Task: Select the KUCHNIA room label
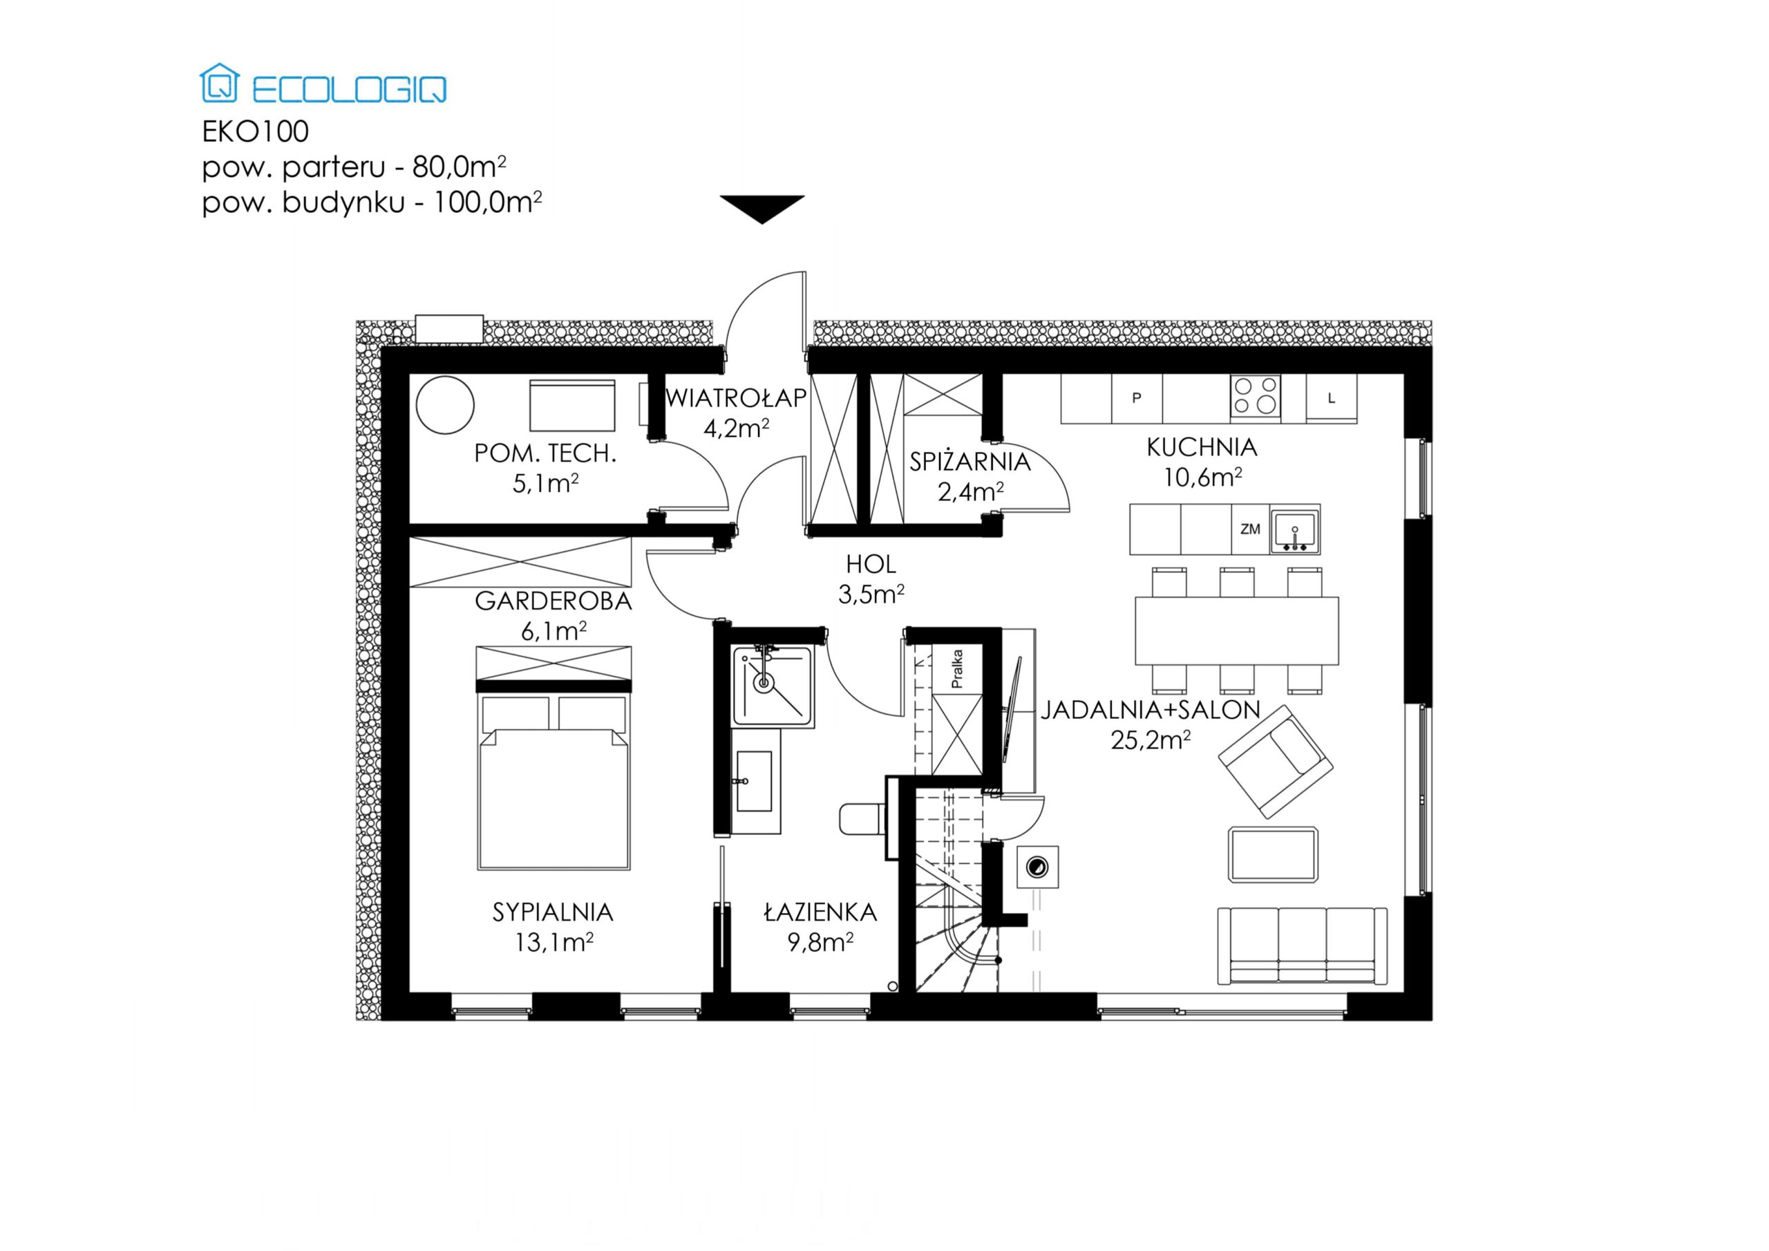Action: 1201,447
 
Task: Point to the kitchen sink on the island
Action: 1294,530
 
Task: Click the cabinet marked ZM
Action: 1250,529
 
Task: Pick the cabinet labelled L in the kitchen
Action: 1331,399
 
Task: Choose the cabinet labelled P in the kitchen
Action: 1137,399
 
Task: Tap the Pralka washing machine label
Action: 957,668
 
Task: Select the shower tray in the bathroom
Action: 773,686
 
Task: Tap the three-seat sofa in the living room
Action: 1302,946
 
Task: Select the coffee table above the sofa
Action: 1273,855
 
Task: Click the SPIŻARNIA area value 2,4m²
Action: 970,491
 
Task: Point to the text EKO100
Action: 255,132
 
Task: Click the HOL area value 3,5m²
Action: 871,594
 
